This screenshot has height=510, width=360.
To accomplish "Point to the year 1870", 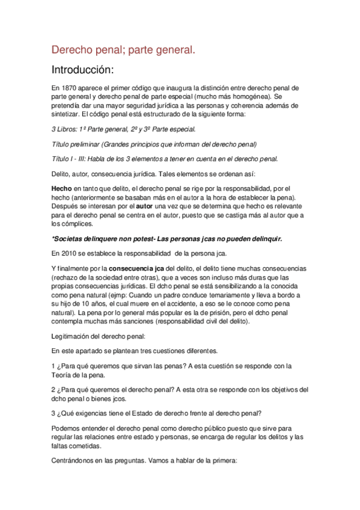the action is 73,88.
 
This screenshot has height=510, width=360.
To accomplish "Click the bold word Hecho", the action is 62,188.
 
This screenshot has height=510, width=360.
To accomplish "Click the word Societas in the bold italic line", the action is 70,238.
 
